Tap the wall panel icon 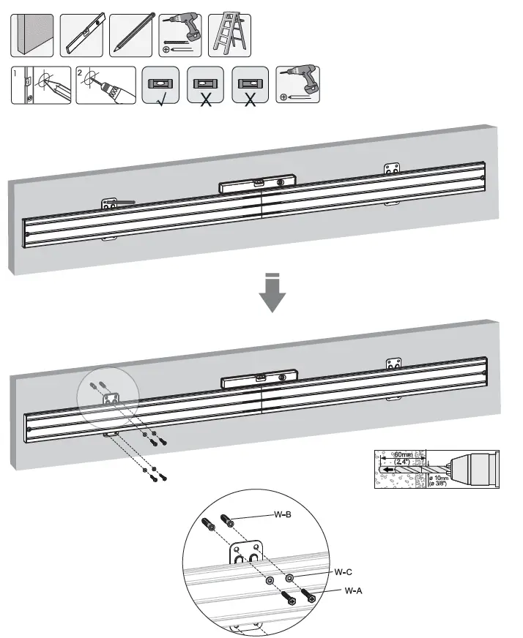click(31, 34)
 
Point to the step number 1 click(16, 74)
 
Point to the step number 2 click(81, 74)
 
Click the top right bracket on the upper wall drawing click(393, 169)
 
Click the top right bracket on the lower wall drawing click(395, 364)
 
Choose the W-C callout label click(344, 571)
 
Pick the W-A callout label click(353, 590)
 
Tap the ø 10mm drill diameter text click(442, 479)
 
